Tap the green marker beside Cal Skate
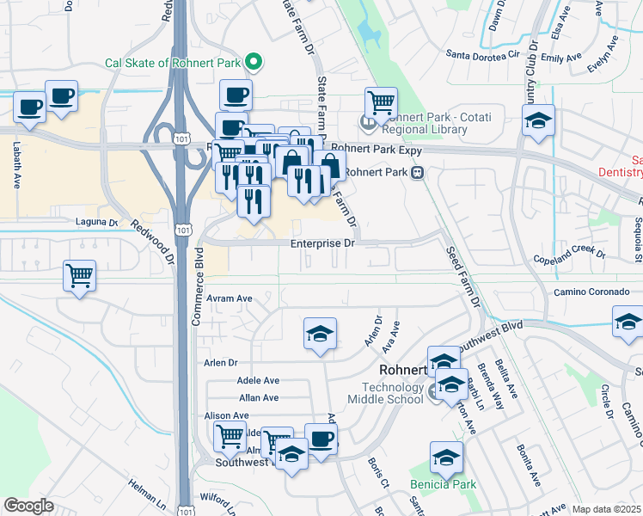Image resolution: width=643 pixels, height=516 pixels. (x=254, y=61)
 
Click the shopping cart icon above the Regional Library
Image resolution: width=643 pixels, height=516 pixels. (x=381, y=102)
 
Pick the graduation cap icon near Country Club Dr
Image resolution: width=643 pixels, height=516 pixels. (x=538, y=120)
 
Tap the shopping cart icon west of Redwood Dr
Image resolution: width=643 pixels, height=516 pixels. (x=80, y=276)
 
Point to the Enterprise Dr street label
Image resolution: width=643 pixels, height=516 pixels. (x=321, y=244)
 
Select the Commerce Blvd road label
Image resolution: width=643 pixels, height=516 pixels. (x=199, y=283)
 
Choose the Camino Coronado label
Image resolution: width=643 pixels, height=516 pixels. (x=591, y=292)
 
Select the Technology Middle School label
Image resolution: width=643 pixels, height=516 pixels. (x=386, y=392)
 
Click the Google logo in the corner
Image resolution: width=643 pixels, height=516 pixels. (x=29, y=506)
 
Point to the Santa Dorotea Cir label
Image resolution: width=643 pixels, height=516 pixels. (x=483, y=54)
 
